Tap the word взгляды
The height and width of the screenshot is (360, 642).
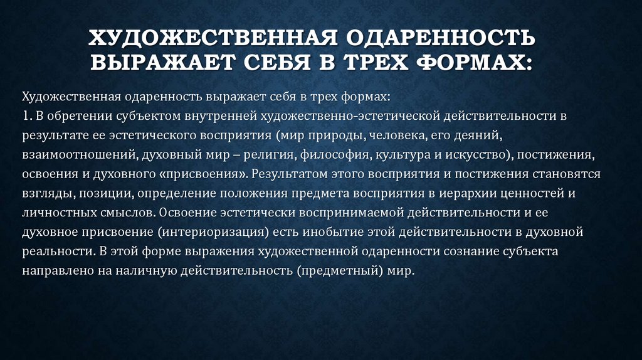pyautogui.click(x=44, y=193)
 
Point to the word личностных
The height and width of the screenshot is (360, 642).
pyautogui.click(x=53, y=212)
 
